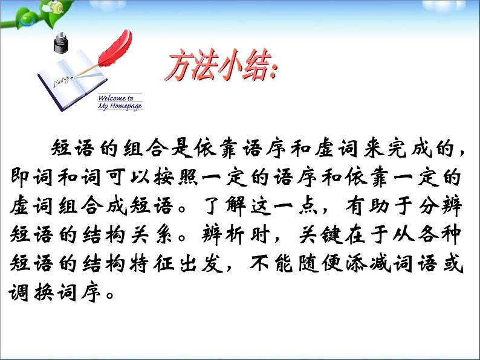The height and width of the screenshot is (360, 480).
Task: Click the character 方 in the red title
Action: pyautogui.click(x=180, y=66)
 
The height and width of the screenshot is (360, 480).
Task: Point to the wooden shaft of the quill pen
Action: pyautogui.click(x=84, y=70)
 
